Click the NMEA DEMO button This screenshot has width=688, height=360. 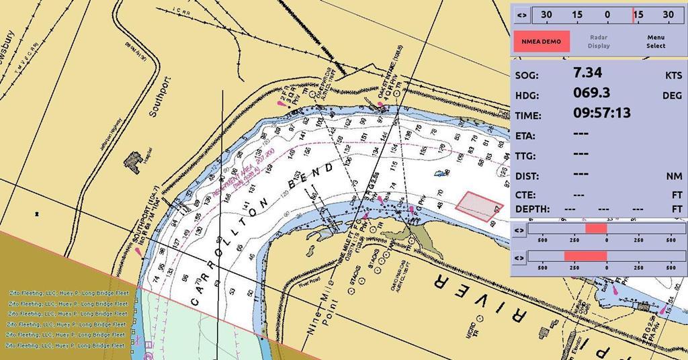click(542, 42)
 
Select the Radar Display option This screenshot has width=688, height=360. click(599, 42)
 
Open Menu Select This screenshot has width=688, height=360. click(656, 42)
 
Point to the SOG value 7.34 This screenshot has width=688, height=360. click(588, 73)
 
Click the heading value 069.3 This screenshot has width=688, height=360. click(592, 93)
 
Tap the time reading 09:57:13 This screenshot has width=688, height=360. click(602, 113)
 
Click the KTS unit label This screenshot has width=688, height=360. click(673, 76)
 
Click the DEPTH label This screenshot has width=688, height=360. click(532, 210)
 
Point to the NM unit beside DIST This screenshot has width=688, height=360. click(674, 177)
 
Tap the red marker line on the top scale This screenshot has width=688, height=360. click(632, 15)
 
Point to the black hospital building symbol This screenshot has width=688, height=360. click(132, 161)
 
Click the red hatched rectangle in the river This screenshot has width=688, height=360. click(478, 205)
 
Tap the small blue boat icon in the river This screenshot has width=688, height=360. click(441, 173)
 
